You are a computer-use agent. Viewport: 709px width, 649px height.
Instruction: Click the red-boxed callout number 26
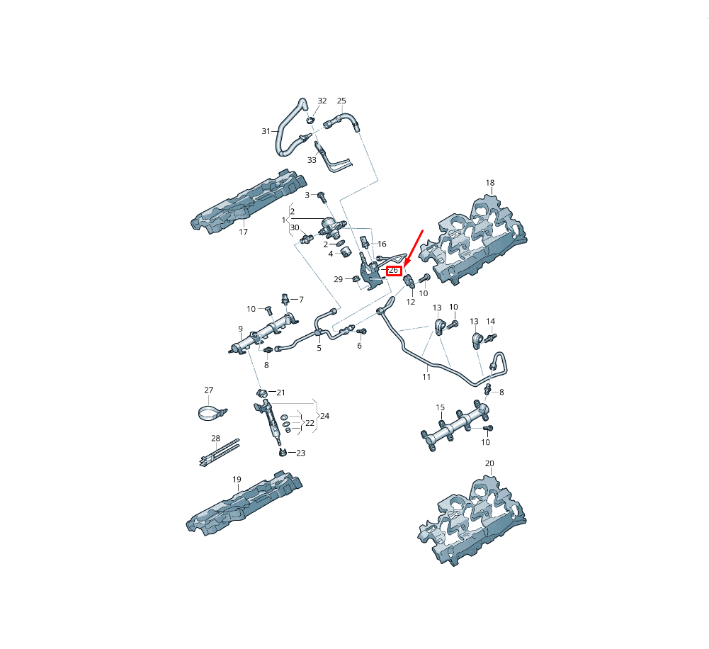tap(393, 271)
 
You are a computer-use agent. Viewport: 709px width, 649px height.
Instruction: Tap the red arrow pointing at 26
tap(413, 248)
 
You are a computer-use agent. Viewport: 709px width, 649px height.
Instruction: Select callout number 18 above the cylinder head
tap(490, 183)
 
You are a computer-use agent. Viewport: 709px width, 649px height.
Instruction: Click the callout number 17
tap(243, 232)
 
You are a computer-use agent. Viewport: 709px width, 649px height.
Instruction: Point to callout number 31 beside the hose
tap(266, 131)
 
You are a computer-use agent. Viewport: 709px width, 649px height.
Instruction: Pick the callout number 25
tap(341, 101)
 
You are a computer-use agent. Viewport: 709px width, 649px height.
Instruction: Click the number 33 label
tap(312, 160)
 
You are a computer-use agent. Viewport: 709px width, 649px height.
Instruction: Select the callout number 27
tap(208, 390)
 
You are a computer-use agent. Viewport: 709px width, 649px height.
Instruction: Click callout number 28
tap(216, 439)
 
